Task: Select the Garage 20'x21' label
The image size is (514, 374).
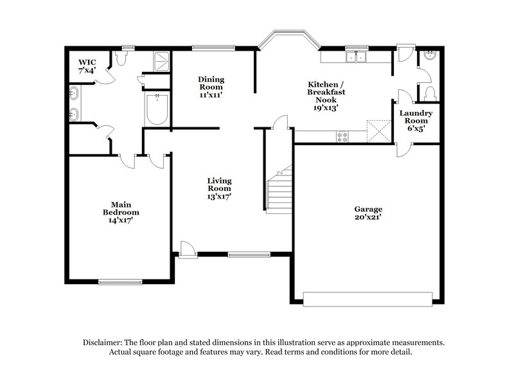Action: [368, 213]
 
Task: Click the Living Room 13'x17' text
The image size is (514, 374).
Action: [219, 189]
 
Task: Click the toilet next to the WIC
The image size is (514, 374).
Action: [121, 59]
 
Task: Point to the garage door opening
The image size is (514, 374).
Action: [368, 298]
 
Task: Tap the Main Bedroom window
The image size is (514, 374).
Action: [120, 281]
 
